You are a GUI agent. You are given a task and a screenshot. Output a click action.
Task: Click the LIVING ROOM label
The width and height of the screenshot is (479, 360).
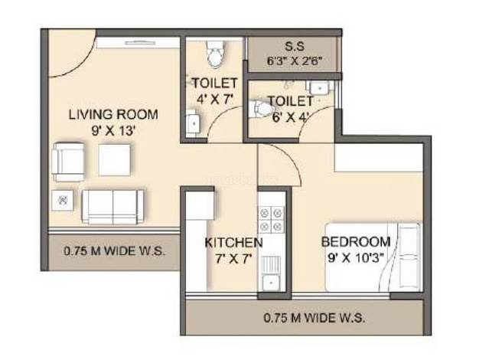click(x=113, y=115)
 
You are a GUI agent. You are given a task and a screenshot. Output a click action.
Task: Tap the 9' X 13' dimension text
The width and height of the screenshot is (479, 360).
click(x=113, y=131)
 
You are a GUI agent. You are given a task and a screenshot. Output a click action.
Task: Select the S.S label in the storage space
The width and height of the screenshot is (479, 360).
click(x=295, y=47)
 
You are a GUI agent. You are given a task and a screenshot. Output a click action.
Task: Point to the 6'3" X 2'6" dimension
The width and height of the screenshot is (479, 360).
click(x=295, y=61)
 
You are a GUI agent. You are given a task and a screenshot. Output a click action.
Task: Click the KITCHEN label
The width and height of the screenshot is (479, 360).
click(x=233, y=243)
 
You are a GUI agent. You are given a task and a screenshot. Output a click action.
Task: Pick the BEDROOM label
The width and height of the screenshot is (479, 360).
click(x=356, y=242)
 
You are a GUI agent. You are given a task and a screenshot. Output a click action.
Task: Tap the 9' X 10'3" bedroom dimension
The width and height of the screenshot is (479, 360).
click(x=356, y=258)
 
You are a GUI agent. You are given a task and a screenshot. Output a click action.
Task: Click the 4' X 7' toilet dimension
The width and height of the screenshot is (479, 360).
click(x=215, y=100)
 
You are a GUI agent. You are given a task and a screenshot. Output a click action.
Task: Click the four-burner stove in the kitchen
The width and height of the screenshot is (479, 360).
click(x=272, y=220)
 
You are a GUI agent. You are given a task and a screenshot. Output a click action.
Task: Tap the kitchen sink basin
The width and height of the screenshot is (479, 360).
click(x=271, y=283)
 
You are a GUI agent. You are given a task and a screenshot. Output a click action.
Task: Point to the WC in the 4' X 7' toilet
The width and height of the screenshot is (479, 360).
click(x=216, y=54)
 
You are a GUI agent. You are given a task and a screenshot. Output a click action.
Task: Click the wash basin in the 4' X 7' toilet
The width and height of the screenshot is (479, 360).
click(x=193, y=122)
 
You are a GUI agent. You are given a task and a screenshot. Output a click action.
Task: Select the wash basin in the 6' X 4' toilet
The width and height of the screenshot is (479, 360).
click(x=320, y=88)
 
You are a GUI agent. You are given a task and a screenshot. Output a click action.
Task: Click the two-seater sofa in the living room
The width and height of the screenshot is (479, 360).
click(x=112, y=208)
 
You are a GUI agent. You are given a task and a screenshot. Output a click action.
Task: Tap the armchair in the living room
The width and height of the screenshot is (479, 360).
click(x=68, y=162)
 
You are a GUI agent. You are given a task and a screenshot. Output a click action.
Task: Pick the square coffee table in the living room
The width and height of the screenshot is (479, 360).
click(x=115, y=160)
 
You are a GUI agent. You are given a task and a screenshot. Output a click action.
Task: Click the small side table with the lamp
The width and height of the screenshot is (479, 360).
click(x=62, y=201)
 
